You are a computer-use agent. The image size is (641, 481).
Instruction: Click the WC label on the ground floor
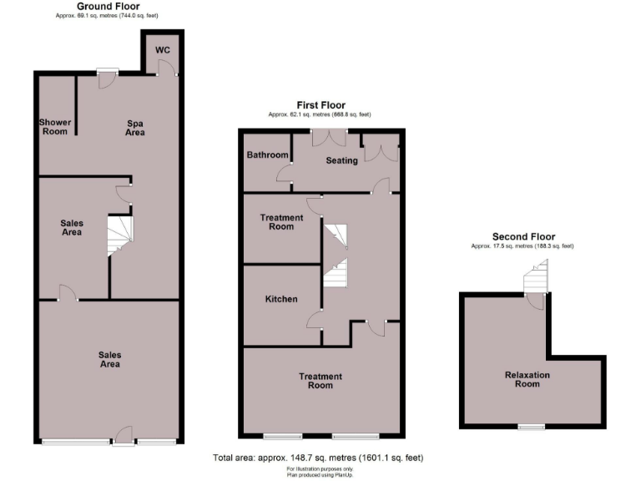click(164, 50)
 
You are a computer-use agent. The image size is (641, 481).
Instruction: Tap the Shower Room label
click(55, 127)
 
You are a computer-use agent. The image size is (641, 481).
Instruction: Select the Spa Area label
click(135, 128)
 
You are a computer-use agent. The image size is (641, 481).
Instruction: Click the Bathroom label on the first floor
click(267, 155)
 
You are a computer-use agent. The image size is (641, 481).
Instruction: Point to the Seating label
click(341, 160)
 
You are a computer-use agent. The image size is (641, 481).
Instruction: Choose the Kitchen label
click(281, 299)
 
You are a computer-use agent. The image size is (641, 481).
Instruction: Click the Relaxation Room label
click(527, 380)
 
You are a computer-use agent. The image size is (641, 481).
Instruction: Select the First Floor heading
click(320, 105)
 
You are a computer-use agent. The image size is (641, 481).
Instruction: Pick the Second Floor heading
click(523, 237)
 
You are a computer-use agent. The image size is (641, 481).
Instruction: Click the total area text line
click(320, 458)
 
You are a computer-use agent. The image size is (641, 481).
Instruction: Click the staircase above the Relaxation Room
click(536, 277)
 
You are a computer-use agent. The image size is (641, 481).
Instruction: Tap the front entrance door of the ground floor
click(123, 436)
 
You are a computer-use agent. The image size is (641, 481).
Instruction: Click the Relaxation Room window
click(527, 428)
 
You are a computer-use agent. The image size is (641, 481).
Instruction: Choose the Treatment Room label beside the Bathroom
click(281, 222)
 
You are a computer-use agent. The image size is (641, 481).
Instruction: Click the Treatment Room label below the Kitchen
click(320, 381)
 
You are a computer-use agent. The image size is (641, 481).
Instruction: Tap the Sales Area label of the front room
click(110, 360)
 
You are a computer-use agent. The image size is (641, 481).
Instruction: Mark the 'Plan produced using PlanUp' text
click(320, 474)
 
